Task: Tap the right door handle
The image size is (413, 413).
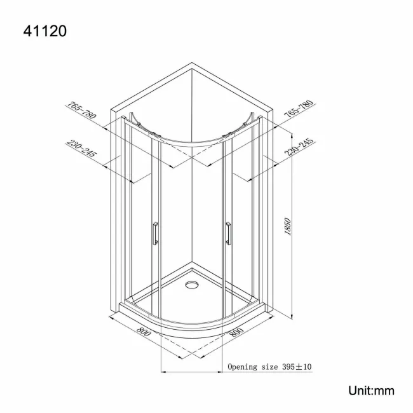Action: point(227,232)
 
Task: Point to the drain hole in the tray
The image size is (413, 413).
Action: point(191,285)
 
